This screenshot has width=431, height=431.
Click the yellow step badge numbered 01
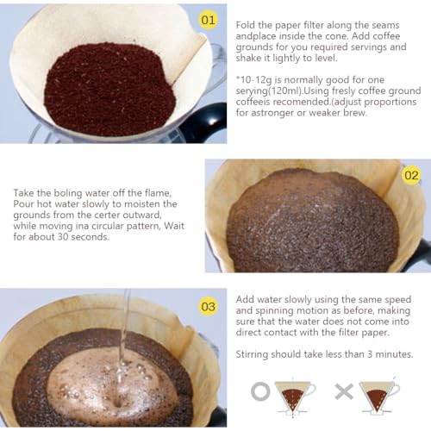coord(208,19)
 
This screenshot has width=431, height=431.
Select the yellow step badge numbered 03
coord(208,305)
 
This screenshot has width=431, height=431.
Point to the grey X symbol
coord(343,392)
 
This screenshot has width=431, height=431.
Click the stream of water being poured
coord(125,328)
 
